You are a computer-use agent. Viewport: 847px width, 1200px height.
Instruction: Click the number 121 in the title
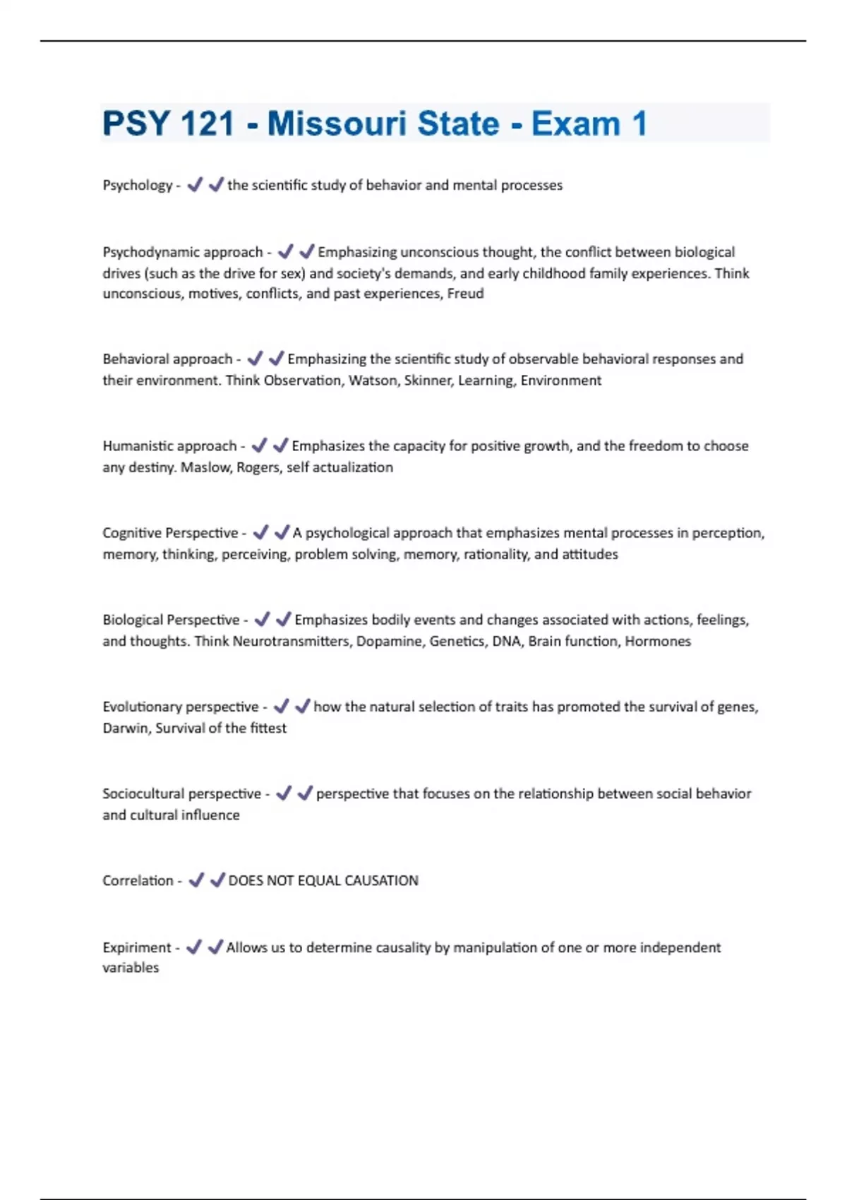(208, 124)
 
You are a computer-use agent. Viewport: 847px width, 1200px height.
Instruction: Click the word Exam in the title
(575, 124)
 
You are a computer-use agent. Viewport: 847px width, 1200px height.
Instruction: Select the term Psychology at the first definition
(138, 186)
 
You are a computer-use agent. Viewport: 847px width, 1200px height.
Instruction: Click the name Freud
(466, 294)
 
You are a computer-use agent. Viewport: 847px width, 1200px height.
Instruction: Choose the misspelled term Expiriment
(137, 947)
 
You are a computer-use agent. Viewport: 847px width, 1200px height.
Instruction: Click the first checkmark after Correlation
(196, 880)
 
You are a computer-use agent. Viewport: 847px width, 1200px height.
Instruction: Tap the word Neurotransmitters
(291, 641)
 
